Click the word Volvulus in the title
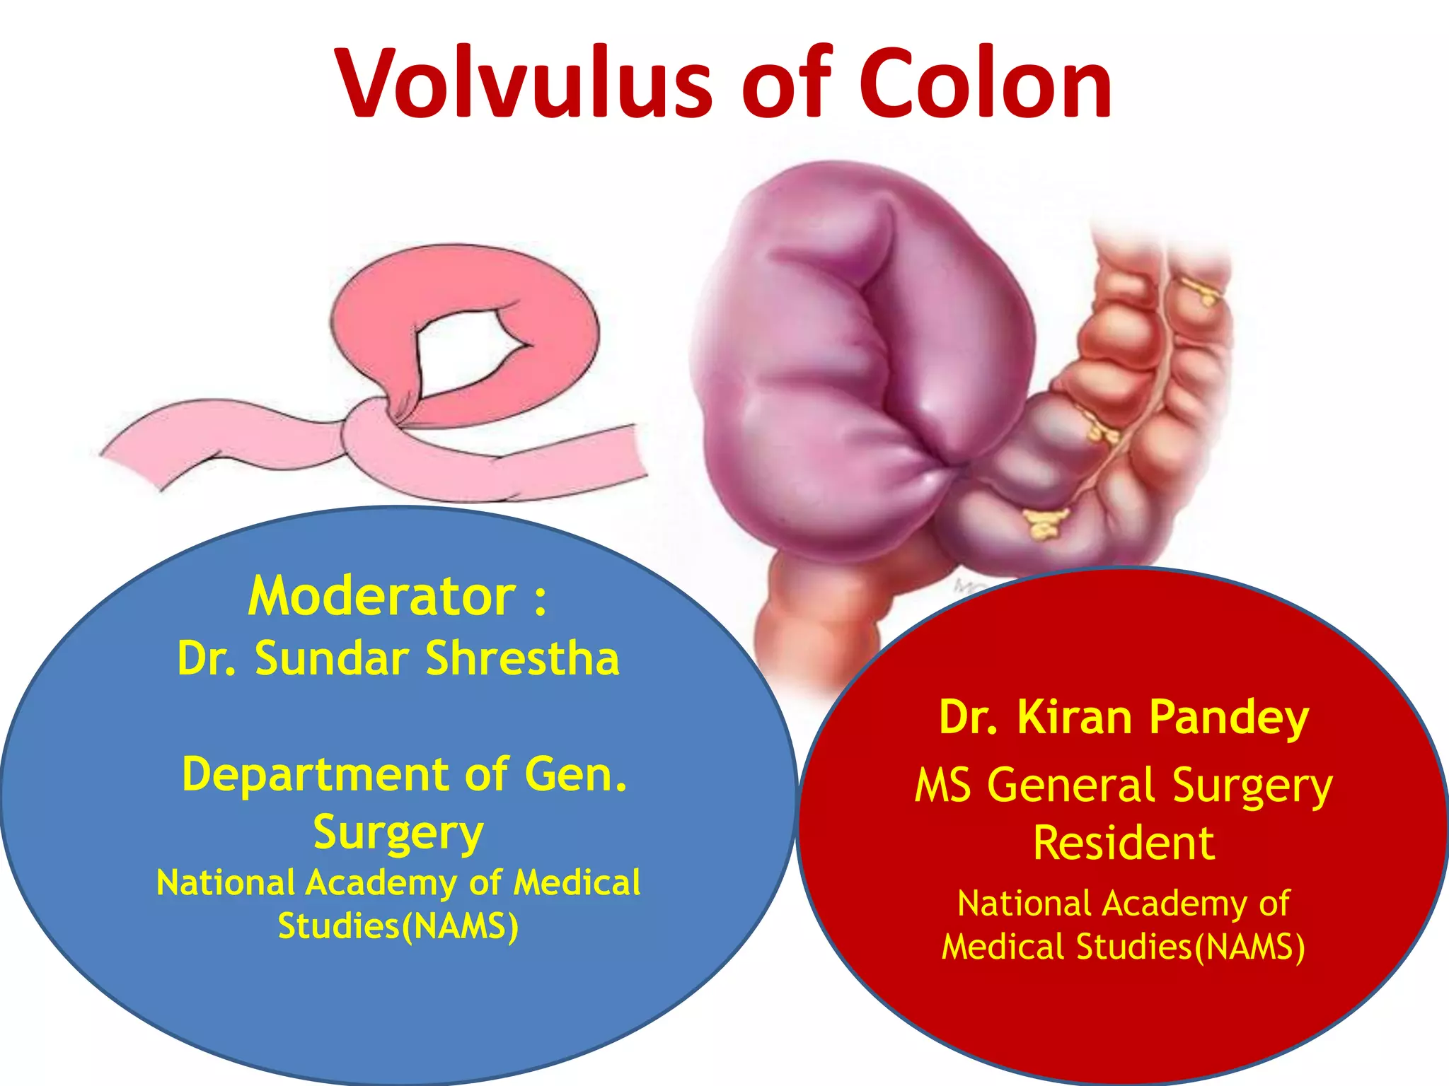pyautogui.click(x=524, y=83)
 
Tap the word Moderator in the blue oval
pyautogui.click(x=382, y=596)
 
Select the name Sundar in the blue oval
pyautogui.click(x=331, y=658)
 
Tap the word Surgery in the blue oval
pyautogui.click(x=398, y=833)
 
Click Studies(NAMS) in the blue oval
pyautogui.click(x=398, y=926)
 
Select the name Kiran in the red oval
pyautogui.click(x=1074, y=717)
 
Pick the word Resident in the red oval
pyautogui.click(x=1124, y=843)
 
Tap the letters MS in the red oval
pyautogui.click(x=942, y=785)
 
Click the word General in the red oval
pyautogui.click(x=1074, y=785)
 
